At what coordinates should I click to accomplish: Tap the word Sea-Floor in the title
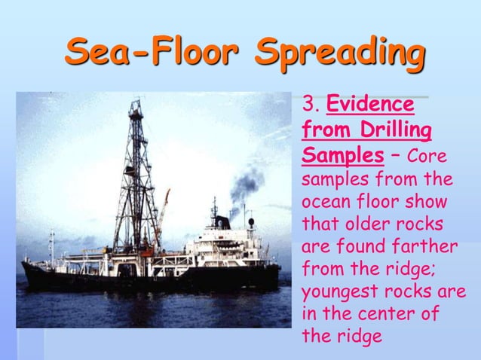pyautogui.click(x=152, y=54)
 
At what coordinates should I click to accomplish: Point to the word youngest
pyautogui.click(x=336, y=292)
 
